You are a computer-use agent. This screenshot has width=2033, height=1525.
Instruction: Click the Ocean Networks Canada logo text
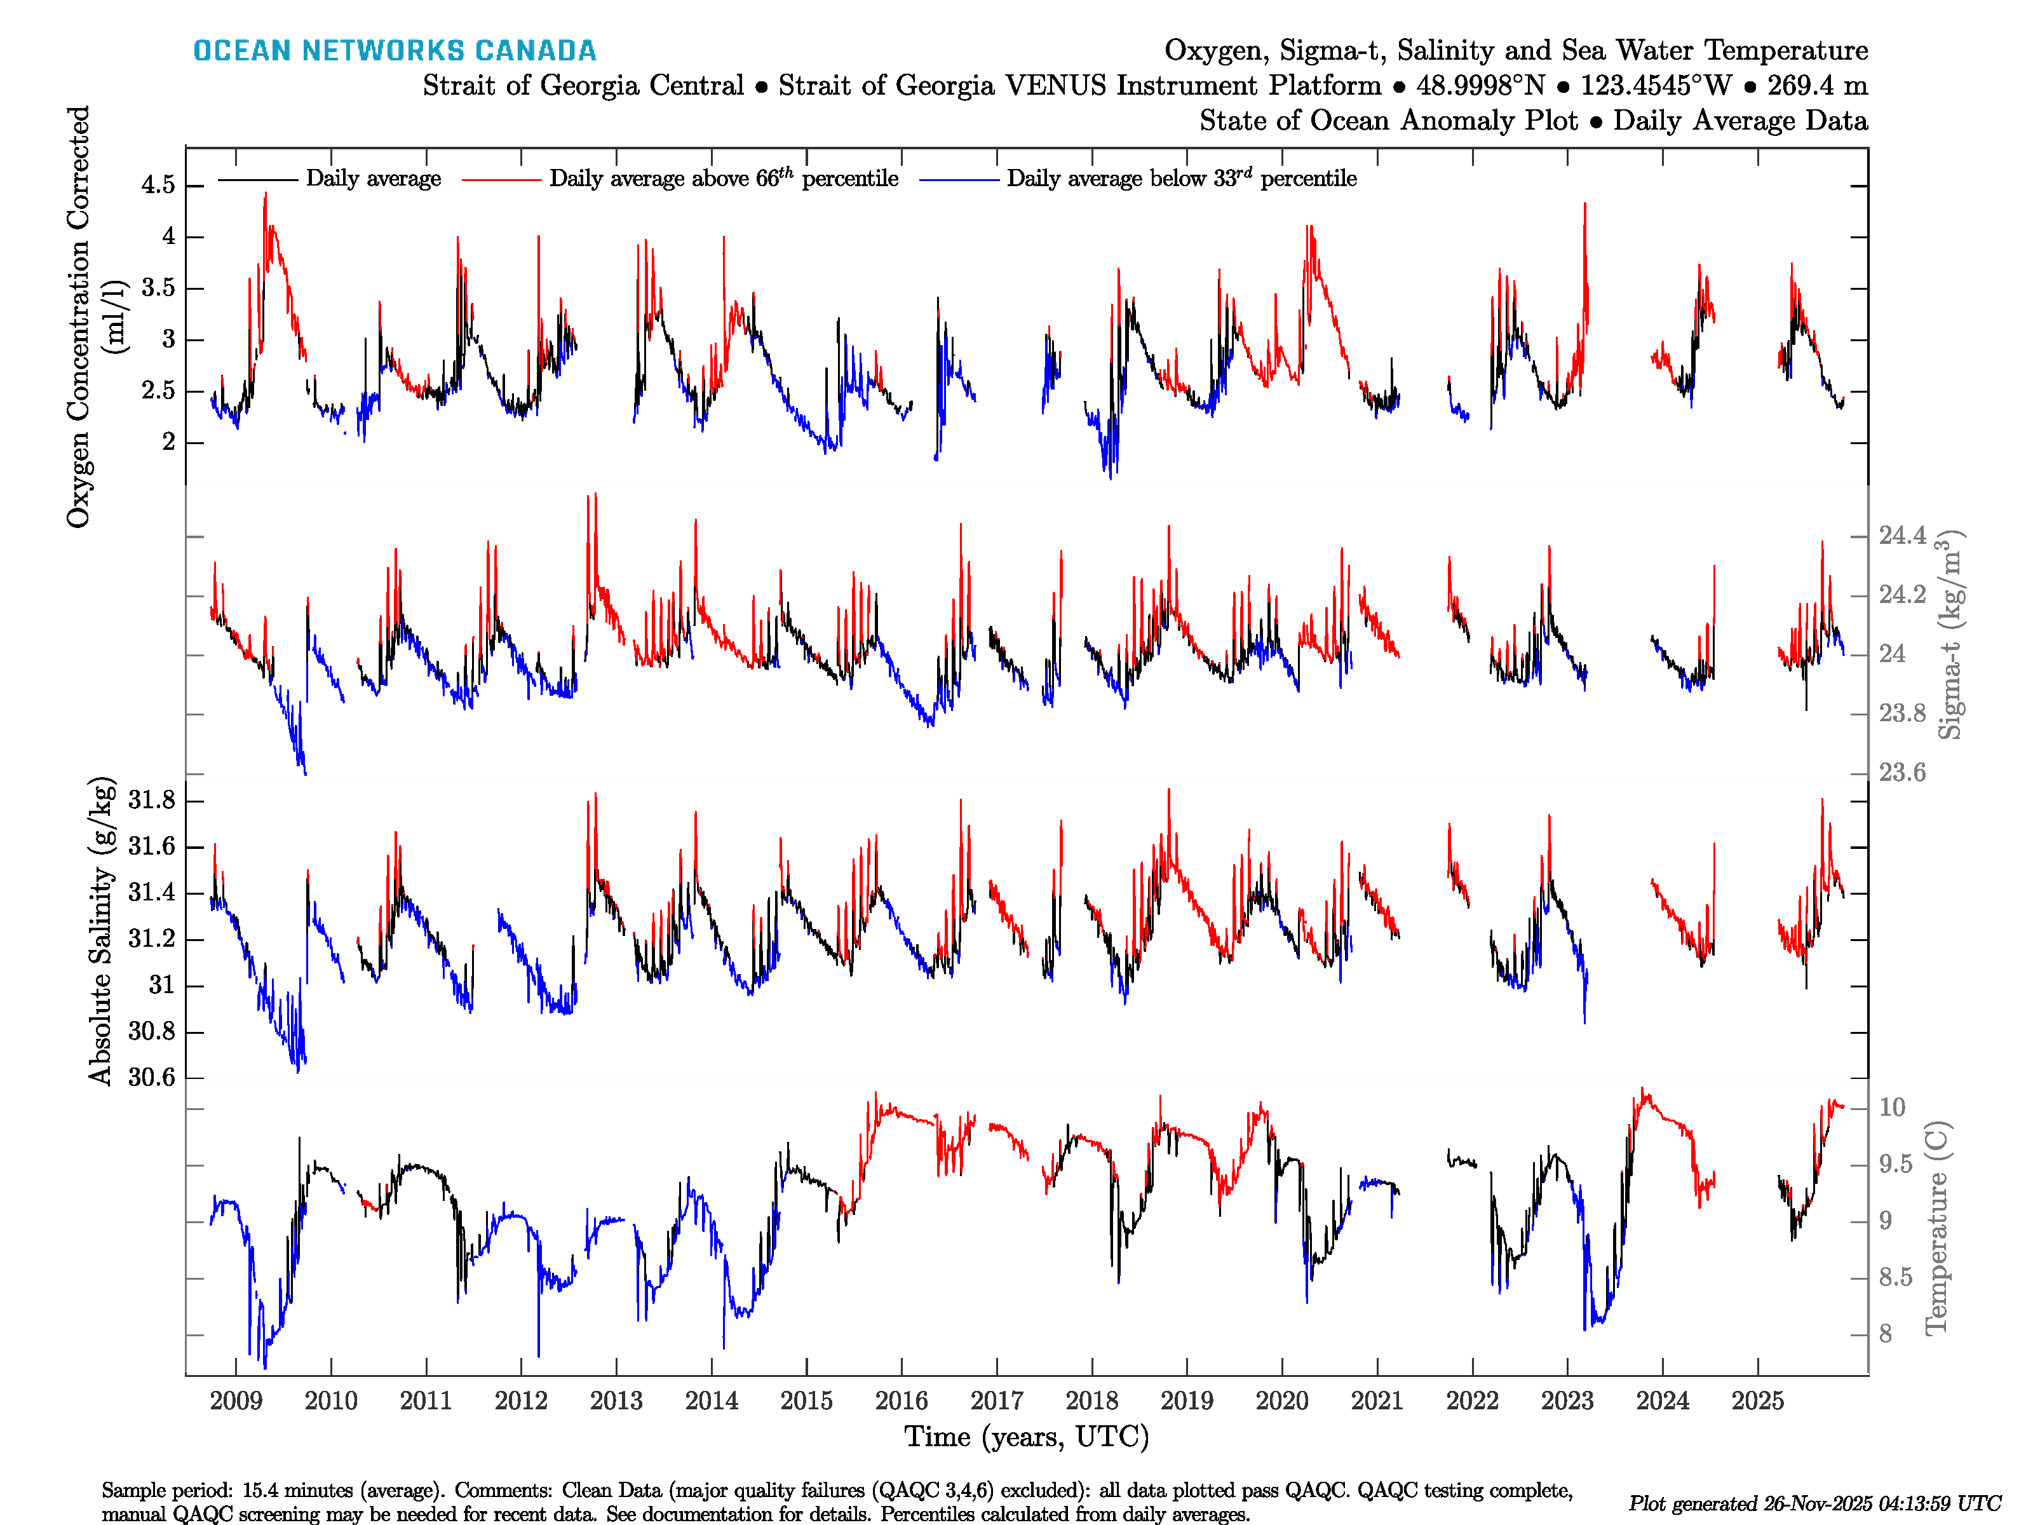395,51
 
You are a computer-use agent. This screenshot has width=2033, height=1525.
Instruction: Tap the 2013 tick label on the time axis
616,1401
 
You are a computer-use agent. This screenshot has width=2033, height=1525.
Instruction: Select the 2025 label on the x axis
1757,1401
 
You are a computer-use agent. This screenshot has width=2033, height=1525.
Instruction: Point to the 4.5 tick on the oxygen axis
158,185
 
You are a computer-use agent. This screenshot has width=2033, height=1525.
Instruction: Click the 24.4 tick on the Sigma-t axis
1901,536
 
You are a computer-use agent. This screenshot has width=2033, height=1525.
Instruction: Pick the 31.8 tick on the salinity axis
152,801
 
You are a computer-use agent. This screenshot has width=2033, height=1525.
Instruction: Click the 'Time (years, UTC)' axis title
1027,1437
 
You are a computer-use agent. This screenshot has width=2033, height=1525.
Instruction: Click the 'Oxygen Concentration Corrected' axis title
79,317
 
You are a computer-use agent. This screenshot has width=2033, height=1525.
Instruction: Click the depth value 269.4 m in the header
1817,86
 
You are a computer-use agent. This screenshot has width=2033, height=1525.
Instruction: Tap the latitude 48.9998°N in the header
1480,86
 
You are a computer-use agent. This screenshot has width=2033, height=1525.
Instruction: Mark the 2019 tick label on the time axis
1187,1401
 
